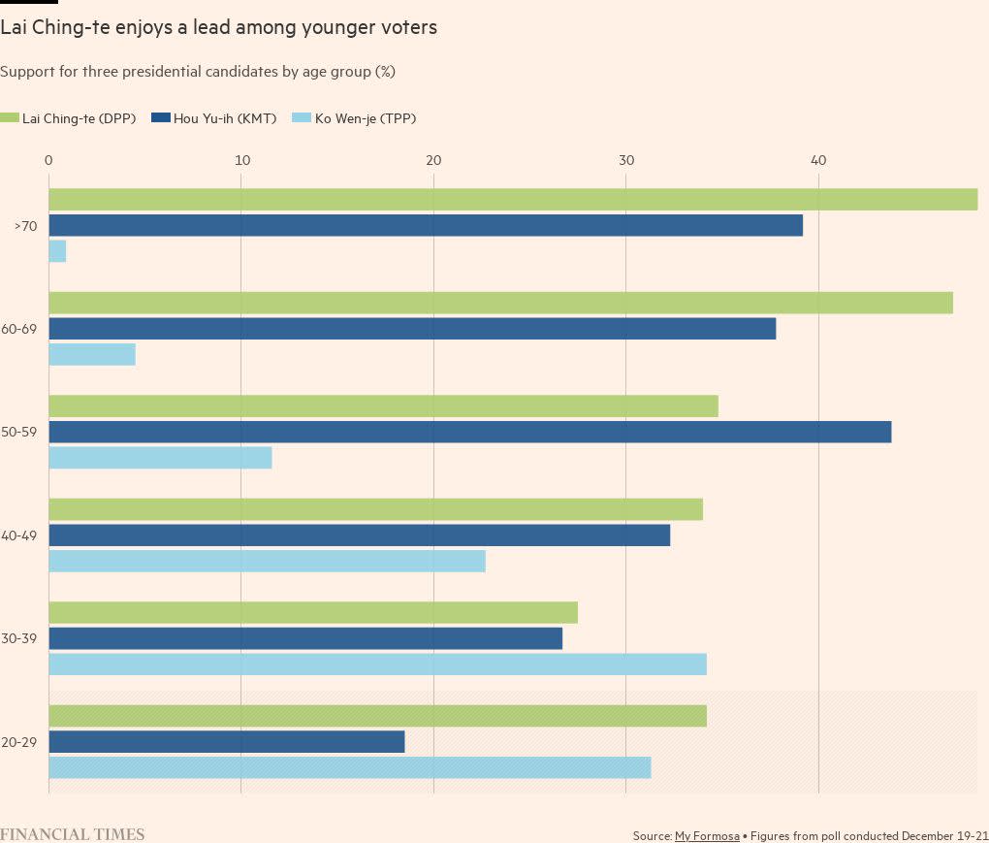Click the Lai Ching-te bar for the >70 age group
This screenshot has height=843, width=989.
click(513, 200)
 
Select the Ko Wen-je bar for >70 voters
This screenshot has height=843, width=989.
click(57, 251)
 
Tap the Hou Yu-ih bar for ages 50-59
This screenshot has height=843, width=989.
click(469, 433)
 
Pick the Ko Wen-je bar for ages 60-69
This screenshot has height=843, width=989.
click(92, 354)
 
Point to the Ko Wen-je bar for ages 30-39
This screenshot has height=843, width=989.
click(377, 665)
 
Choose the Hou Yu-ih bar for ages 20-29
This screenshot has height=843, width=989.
click(226, 742)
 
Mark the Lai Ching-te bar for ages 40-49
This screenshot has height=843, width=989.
click(375, 509)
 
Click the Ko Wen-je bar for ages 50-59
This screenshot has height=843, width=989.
click(160, 458)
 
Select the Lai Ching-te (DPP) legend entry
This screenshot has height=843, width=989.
click(68, 118)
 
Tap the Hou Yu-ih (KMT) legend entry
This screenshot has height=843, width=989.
click(214, 118)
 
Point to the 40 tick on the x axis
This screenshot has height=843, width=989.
click(818, 160)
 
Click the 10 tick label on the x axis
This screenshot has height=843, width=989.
click(241, 160)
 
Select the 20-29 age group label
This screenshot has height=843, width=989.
click(19, 742)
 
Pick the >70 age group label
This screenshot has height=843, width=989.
click(25, 226)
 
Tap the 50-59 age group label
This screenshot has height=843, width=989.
click(19, 433)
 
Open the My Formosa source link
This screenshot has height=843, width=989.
click(707, 835)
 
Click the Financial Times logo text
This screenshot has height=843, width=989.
click(73, 834)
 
